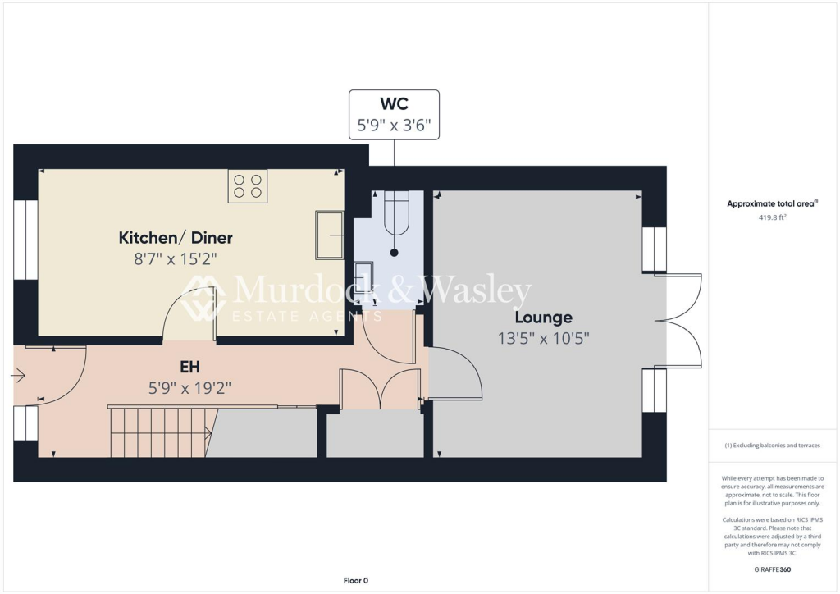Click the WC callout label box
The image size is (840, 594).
pos(394,115)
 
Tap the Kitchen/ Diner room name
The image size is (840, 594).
pos(176,238)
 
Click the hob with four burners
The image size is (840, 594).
pos(247,185)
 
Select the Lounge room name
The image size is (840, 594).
pos(543,318)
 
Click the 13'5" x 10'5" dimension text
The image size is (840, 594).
pos(543,337)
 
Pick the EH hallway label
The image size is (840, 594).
pos(190,368)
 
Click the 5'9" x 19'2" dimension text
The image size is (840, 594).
pos(190,388)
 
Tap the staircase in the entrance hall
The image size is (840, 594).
pos(160,432)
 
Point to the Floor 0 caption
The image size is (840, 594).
pos(355,580)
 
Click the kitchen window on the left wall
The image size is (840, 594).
pos(25,239)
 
